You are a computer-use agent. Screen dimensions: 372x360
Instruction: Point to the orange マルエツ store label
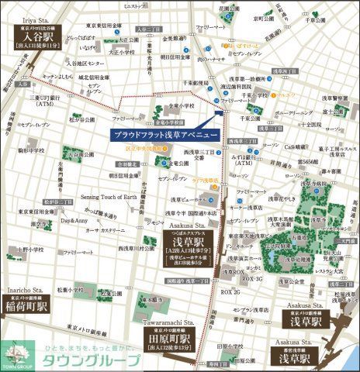click(x=289, y=95)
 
